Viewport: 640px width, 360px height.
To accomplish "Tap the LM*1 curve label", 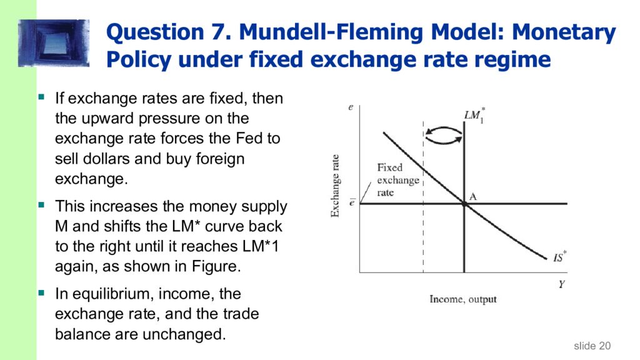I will pos(473,115).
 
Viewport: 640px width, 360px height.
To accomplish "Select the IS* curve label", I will pos(559,257).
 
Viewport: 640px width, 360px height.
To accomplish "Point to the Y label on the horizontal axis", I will pos(561,284).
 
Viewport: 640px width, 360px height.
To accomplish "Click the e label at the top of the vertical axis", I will pos(351,107).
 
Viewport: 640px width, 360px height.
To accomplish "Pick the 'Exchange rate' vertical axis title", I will pos(336,186).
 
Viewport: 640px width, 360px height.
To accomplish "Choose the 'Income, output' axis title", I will pos(463,299).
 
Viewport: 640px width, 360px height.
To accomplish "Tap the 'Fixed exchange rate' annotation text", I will pos(397,180).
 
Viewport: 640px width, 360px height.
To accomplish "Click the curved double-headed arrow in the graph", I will pos(444,135).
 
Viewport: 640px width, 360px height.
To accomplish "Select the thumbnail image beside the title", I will pos(54,42).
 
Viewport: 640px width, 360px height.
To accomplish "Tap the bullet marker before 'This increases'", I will pos(42,204).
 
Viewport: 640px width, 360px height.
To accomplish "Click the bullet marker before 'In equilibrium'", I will pos(42,292).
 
